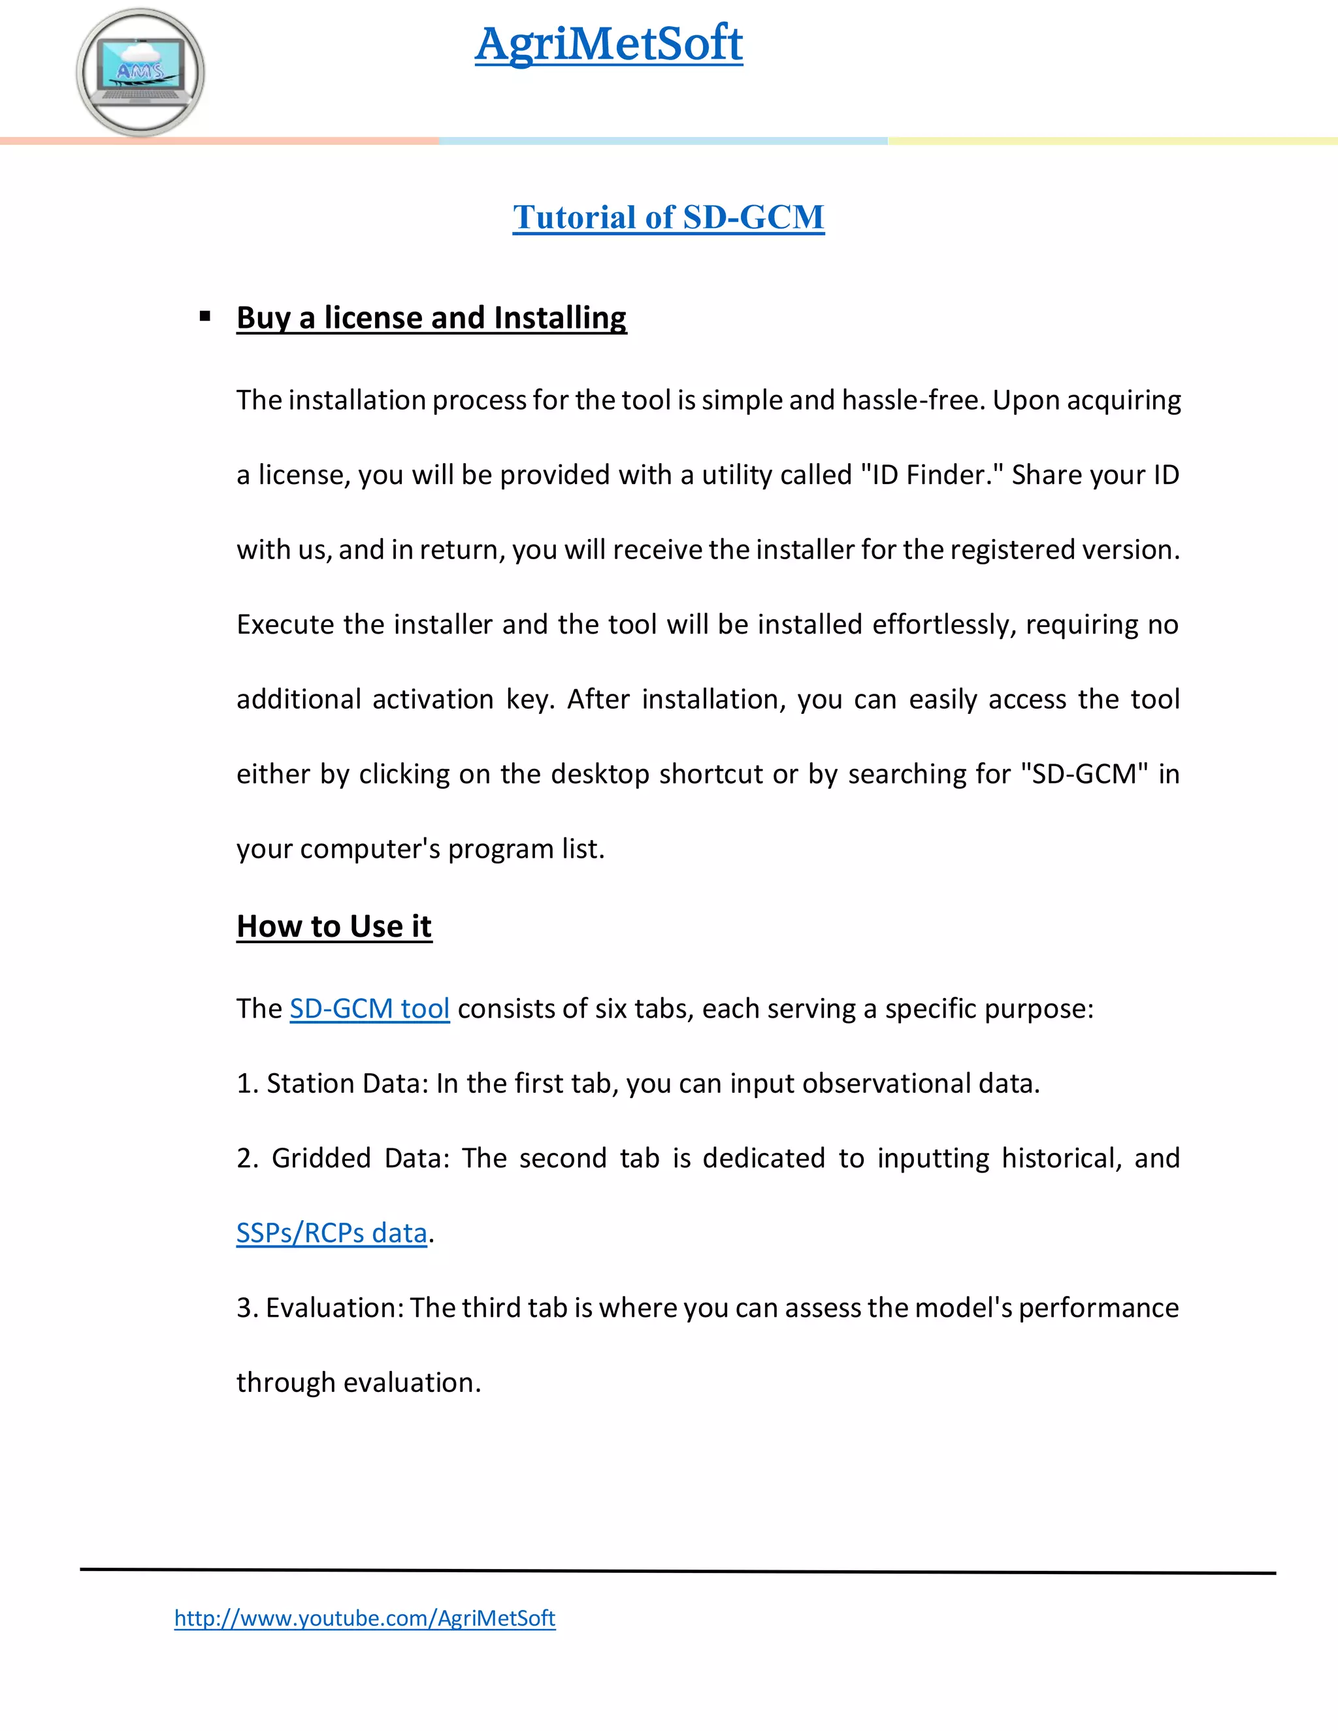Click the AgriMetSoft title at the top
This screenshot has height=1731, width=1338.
click(x=609, y=44)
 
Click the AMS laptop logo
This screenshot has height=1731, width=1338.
click(x=140, y=72)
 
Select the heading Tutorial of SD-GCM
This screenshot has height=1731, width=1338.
click(x=668, y=217)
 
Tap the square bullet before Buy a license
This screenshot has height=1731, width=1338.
click(x=205, y=316)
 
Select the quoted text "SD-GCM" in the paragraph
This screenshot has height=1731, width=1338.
click(x=1085, y=773)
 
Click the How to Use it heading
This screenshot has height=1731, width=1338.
click(x=334, y=926)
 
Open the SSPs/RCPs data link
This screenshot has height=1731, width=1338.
click(x=331, y=1233)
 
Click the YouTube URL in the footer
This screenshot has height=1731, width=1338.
click(x=365, y=1617)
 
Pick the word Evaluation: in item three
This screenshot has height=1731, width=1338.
click(x=334, y=1308)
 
